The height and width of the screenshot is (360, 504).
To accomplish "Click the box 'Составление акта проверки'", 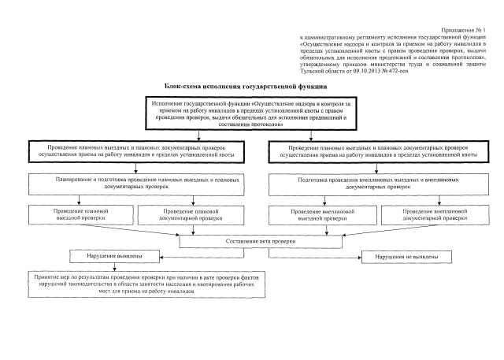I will tap(251, 240).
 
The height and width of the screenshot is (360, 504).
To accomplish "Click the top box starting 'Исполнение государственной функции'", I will tap(251, 113).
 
